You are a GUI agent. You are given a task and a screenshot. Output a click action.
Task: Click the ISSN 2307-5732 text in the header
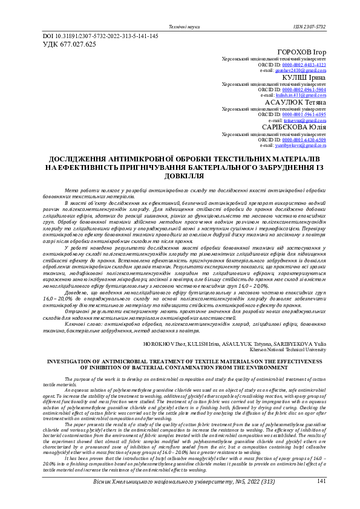[309, 27]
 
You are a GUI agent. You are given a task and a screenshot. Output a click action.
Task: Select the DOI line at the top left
[100, 36]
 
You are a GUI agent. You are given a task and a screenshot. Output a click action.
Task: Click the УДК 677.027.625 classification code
[68, 44]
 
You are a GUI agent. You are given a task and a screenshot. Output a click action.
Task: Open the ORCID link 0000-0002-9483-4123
[304, 65]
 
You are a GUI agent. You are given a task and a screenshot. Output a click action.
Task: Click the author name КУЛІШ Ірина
[304, 77]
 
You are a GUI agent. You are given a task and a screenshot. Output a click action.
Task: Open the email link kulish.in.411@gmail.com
[301, 96]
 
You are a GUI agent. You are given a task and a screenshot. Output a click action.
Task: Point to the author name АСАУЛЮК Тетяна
[296, 103]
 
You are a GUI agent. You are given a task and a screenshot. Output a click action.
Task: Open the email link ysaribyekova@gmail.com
[301, 146]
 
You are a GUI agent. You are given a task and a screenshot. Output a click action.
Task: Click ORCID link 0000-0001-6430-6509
[304, 140]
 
